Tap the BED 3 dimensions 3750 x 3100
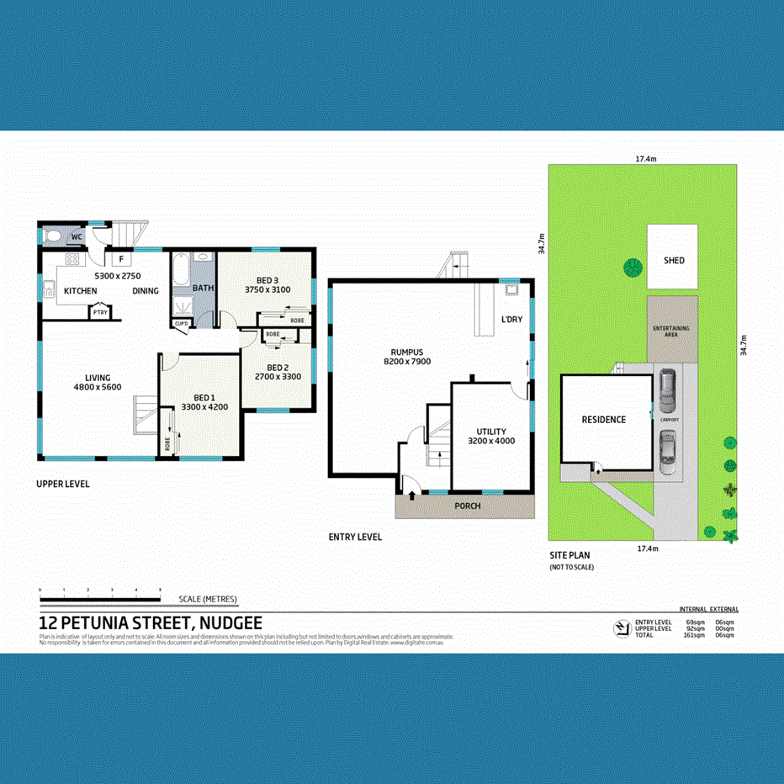coord(267,289)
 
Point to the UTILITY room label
coord(490,431)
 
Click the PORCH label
coord(467,506)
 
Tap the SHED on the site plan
coord(674,261)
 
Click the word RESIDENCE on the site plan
coord(604,420)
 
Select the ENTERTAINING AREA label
coord(672,331)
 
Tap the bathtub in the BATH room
coord(181,271)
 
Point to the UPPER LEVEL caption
coord(63,484)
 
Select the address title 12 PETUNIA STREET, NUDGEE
coord(151,623)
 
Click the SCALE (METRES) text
coord(208,600)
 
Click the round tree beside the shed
coord(632,268)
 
